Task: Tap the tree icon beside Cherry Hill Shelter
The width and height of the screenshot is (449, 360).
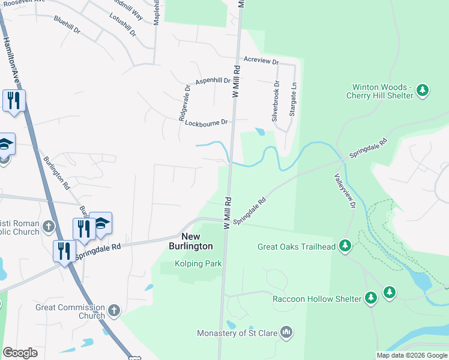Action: (423, 91)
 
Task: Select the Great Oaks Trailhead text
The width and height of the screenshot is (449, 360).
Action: (297, 246)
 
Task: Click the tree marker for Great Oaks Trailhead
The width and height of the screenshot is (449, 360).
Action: (345, 245)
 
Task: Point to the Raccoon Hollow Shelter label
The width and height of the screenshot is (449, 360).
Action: (316, 298)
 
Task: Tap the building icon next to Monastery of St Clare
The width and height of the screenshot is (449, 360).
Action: (286, 332)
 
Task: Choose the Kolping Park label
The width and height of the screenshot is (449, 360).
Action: (198, 263)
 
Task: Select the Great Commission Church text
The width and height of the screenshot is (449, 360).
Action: (70, 311)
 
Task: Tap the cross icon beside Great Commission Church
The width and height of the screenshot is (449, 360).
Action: (114, 311)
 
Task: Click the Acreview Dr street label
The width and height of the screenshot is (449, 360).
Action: (261, 61)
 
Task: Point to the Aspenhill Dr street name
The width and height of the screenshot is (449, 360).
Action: (213, 80)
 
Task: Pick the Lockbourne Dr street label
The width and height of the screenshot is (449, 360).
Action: (206, 122)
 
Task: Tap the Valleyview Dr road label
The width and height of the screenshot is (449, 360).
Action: (346, 192)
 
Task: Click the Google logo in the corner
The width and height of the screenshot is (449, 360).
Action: (20, 353)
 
